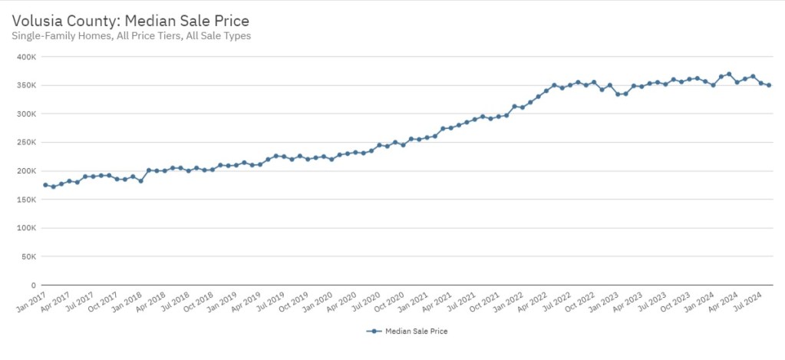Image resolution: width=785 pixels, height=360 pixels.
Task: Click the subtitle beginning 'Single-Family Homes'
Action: pyautogui.click(x=131, y=36)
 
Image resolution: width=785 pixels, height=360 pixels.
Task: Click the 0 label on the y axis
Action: pyautogui.click(x=32, y=285)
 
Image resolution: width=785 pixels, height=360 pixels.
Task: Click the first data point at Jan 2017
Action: pyautogui.click(x=45, y=185)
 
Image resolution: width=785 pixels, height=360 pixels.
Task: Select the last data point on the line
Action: pyautogui.click(x=769, y=85)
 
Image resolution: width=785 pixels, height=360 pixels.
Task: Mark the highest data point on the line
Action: pyautogui.click(x=729, y=74)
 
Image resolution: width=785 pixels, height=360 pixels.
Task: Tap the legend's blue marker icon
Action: pyautogui.click(x=374, y=332)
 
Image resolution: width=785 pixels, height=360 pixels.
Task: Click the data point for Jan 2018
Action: pyautogui.click(x=140, y=181)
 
